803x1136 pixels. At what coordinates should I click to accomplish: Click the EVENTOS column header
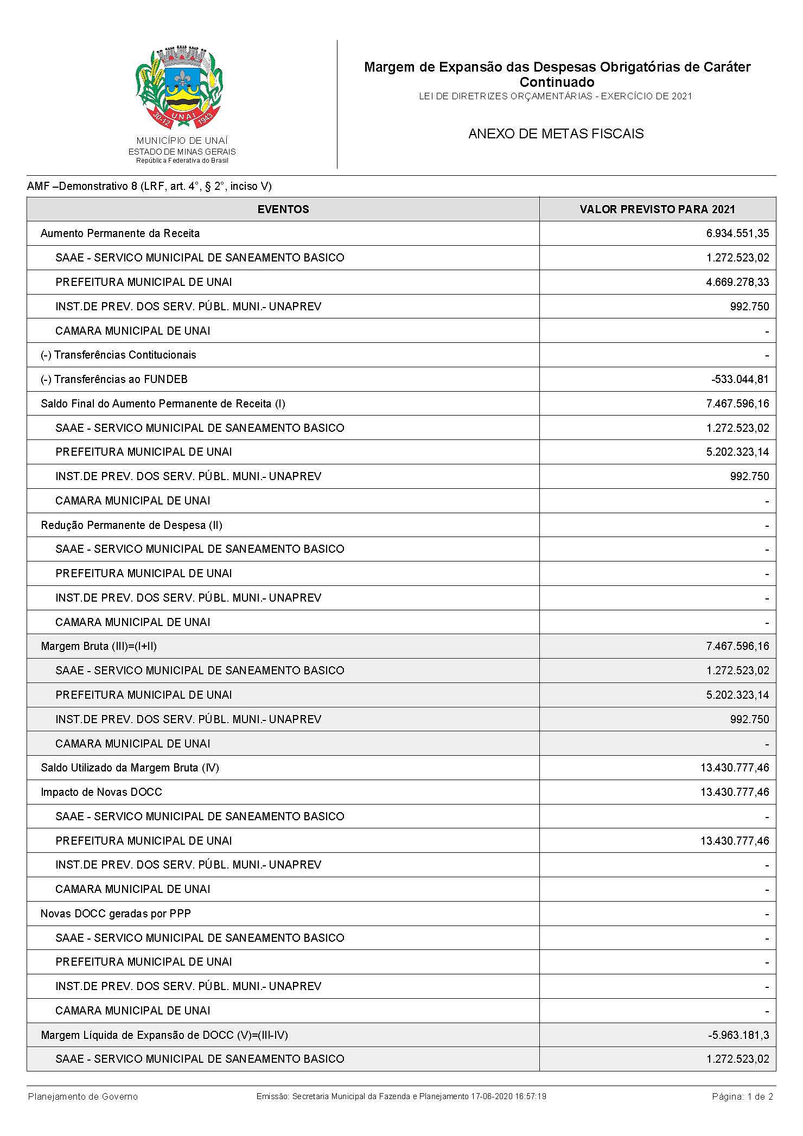point(283,209)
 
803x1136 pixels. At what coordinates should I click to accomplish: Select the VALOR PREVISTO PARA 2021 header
point(657,209)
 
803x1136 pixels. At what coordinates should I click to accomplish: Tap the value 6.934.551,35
point(737,233)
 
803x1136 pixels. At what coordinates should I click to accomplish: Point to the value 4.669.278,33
point(737,282)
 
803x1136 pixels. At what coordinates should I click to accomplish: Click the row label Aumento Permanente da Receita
point(120,233)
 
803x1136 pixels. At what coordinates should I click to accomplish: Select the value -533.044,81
point(740,379)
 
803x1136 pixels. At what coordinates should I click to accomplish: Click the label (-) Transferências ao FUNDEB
point(114,379)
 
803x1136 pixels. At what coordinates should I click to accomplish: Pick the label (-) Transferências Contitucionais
point(118,355)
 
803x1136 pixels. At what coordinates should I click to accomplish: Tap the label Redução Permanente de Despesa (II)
point(131,525)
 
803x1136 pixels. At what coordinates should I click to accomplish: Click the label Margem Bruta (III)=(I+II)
point(99,646)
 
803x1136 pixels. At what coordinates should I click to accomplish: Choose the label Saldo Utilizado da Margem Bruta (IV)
point(130,768)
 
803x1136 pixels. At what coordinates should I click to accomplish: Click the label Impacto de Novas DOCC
point(101,792)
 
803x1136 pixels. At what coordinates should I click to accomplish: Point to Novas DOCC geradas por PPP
point(116,914)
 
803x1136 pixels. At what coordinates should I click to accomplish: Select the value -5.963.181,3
point(738,1035)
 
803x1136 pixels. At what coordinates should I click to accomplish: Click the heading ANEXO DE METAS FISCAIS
point(556,134)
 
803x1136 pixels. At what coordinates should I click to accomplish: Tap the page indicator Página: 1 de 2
point(742,1096)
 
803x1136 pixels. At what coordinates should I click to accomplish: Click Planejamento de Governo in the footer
point(83,1096)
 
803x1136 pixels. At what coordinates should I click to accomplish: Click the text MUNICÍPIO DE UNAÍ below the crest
point(182,141)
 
